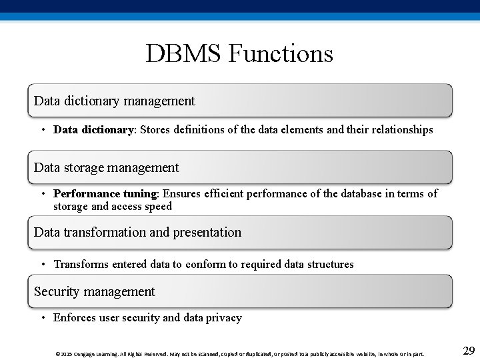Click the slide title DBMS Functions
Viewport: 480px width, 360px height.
tap(239, 53)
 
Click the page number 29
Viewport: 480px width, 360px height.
tap(468, 351)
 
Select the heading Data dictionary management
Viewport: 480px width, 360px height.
tap(114, 101)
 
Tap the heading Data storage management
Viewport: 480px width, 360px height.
tap(106, 167)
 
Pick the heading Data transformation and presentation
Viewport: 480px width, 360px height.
tap(137, 233)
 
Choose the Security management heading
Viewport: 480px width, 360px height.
tap(94, 291)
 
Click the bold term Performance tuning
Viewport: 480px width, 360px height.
tap(105, 194)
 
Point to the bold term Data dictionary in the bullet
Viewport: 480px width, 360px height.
tap(93, 129)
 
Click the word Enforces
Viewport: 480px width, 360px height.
tap(75, 318)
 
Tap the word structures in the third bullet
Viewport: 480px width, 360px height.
tap(331, 265)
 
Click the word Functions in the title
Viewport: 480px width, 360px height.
tap(281, 53)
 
